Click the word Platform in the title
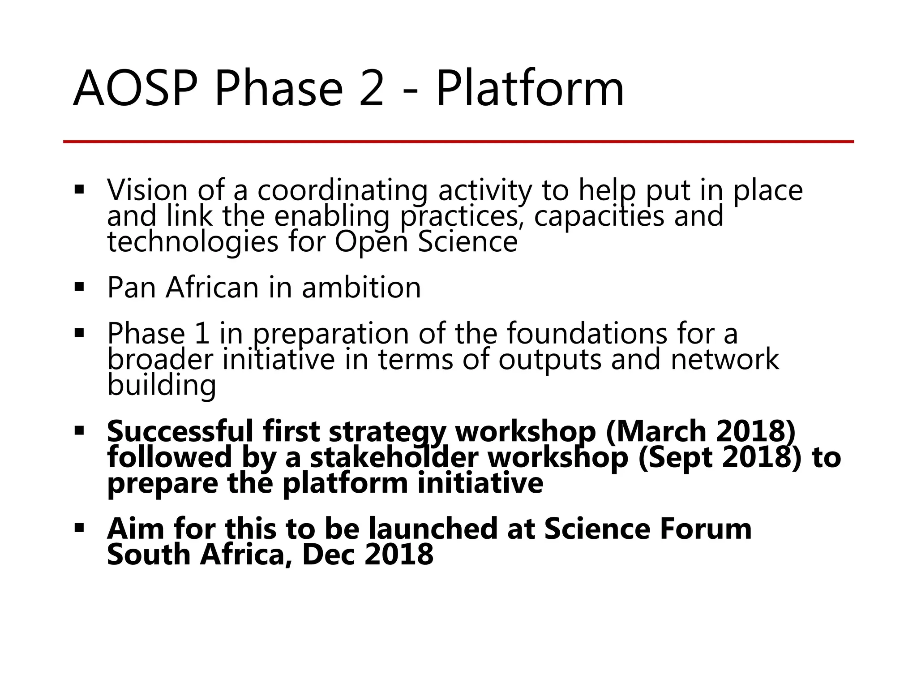pyautogui.click(x=530, y=89)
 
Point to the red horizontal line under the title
pyautogui.click(x=458, y=142)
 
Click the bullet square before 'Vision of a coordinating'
pyautogui.click(x=80, y=189)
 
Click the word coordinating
pyautogui.click(x=343, y=190)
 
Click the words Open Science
pyautogui.click(x=426, y=242)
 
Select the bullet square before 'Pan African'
pyautogui.click(x=80, y=287)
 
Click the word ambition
pyautogui.click(x=361, y=287)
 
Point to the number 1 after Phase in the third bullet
pyautogui.click(x=202, y=333)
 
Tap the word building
pyautogui.click(x=162, y=385)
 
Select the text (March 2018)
pyautogui.click(x=701, y=431)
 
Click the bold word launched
pyautogui.click(x=433, y=529)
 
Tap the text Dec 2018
pyautogui.click(x=368, y=555)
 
